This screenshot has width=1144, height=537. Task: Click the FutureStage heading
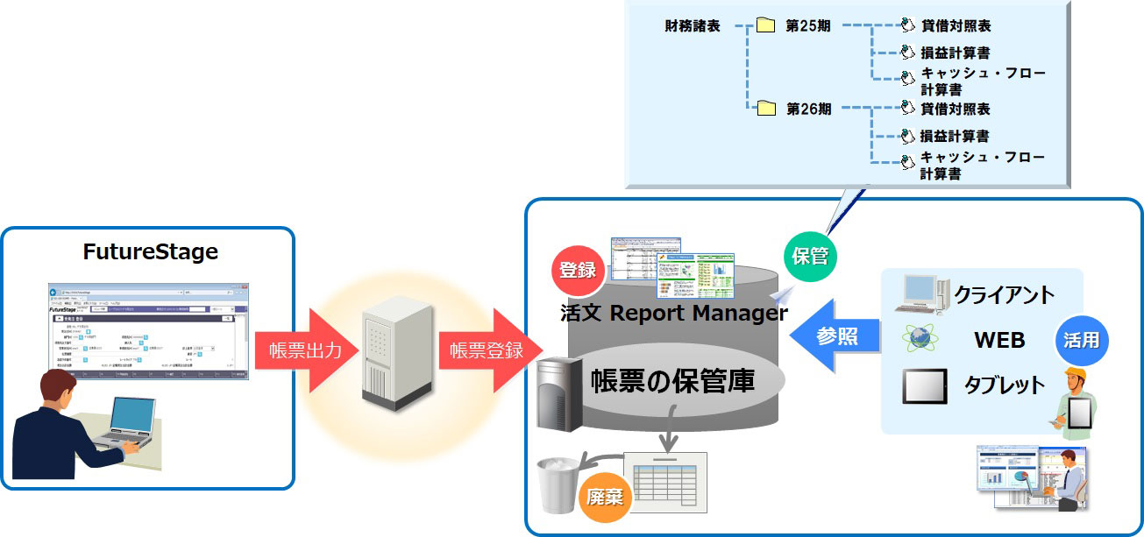pos(150,253)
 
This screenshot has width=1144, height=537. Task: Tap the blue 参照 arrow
pos(835,336)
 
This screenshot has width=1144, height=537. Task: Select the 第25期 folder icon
pos(766,26)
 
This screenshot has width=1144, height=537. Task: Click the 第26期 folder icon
pos(766,109)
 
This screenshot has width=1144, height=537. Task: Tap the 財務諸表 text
pos(693,26)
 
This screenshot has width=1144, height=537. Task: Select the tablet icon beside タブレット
pos(925,385)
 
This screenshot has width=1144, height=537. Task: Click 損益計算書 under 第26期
pos(955,137)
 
